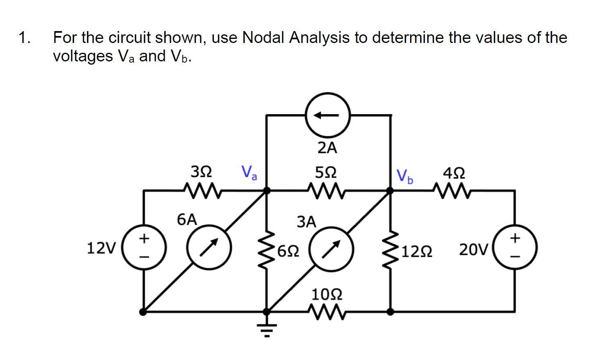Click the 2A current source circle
click(x=328, y=115)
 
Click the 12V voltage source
click(x=144, y=248)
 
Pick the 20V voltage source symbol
click(x=515, y=248)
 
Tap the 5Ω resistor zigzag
click(x=327, y=190)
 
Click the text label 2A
click(x=327, y=148)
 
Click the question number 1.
click(x=24, y=38)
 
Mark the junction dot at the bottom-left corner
click(x=143, y=312)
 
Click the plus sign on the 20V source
click(x=515, y=237)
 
